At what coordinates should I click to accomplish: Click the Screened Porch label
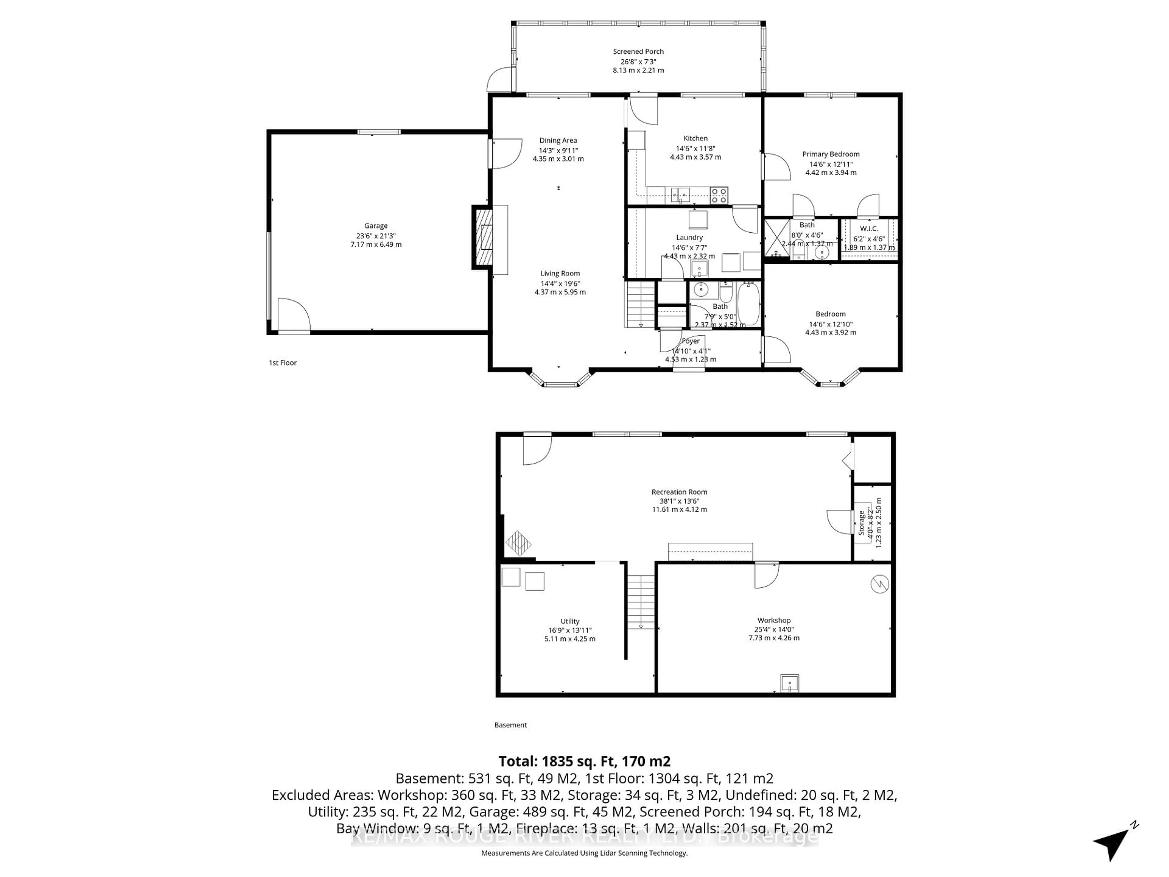click(x=638, y=51)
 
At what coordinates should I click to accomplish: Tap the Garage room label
click(x=376, y=226)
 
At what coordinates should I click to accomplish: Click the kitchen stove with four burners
click(x=719, y=195)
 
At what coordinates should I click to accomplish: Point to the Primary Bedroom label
click(x=831, y=154)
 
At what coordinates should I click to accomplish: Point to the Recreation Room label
click(x=679, y=492)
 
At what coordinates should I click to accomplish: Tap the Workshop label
click(x=774, y=621)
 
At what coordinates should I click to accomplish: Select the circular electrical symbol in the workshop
click(x=880, y=584)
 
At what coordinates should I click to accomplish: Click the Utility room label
click(x=570, y=622)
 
